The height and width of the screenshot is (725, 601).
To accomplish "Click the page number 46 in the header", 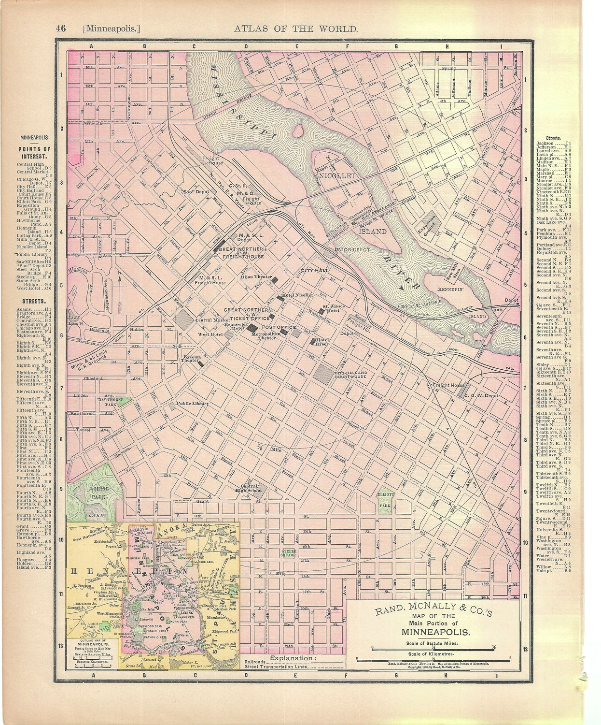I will click(x=61, y=28).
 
